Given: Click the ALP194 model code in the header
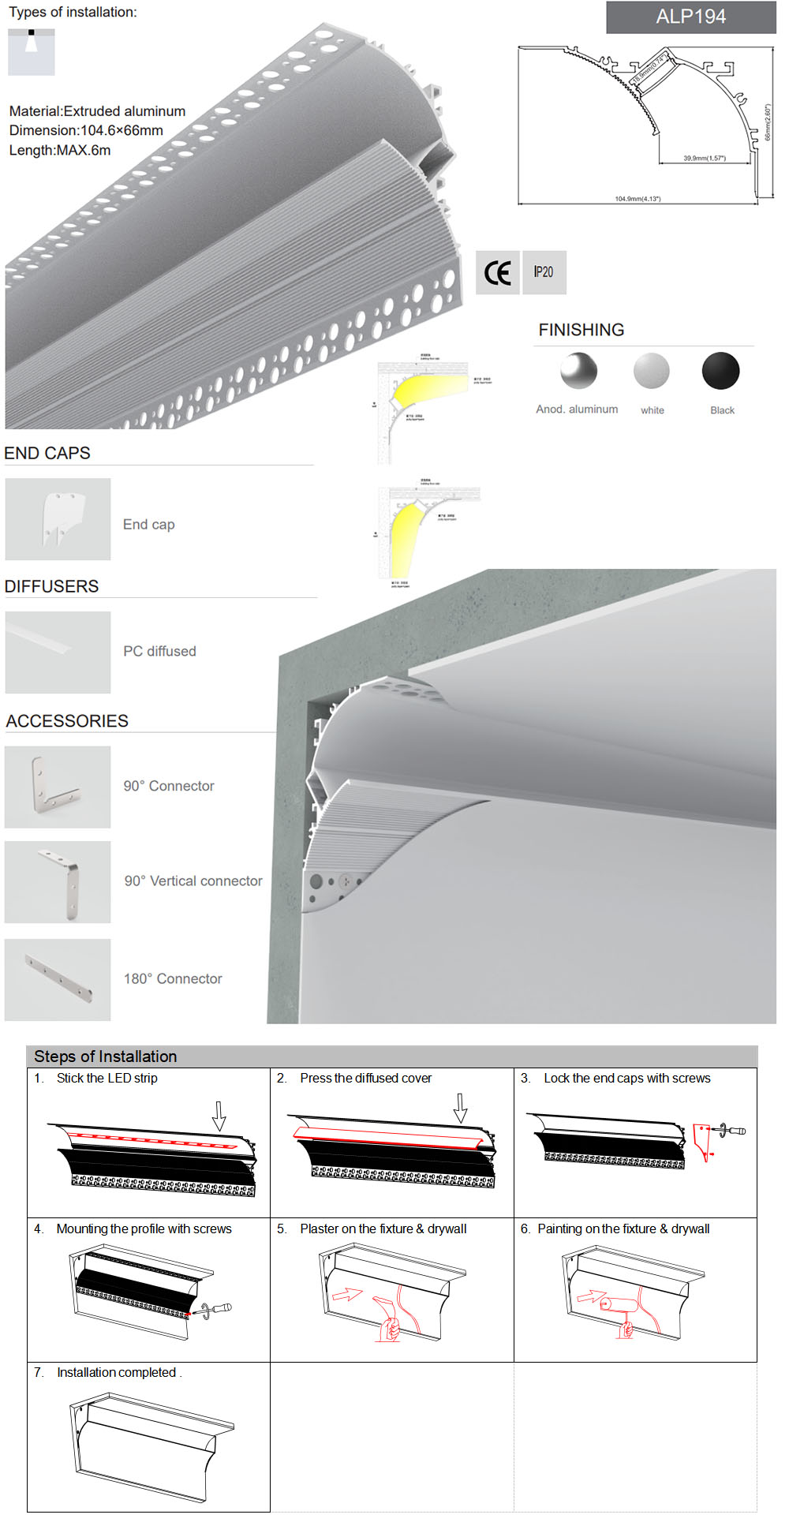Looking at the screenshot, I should coord(690,17).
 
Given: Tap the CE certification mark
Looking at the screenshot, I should coord(497,273).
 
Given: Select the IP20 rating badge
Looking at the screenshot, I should coord(544,272).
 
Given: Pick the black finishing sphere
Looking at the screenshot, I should coord(720,371).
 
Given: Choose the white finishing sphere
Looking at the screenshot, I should coord(651,371).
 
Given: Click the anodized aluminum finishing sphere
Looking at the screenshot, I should coord(578,371).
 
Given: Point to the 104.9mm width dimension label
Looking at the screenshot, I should coord(638,199).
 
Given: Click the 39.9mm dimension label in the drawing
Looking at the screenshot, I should coord(704,159).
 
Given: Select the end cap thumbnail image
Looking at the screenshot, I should coord(58,519).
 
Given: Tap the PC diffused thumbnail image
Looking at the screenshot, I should coord(58,653).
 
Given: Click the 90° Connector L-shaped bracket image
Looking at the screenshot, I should coord(58,787).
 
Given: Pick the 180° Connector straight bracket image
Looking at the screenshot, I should coord(58,979).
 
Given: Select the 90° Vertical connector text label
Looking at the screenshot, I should coord(193,881).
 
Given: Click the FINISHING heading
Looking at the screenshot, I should coord(581,330).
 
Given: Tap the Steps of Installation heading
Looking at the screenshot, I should coord(105,1056).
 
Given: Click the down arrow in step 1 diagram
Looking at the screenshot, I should coord(219,1116).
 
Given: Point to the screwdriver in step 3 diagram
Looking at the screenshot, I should coord(731,1131).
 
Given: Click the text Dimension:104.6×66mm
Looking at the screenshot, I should coord(86,130).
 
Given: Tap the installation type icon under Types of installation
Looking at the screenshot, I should coord(32,52).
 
